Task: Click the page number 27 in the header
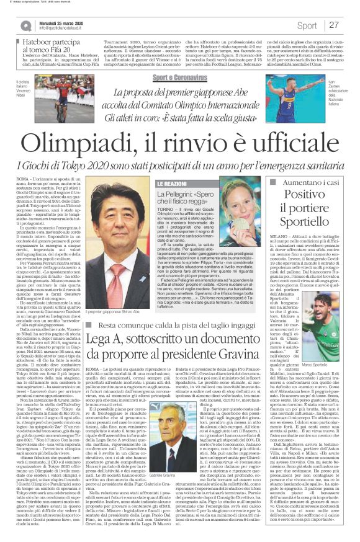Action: (334, 25)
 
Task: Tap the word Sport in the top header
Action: (307, 25)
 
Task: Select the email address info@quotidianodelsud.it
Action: (65, 29)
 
